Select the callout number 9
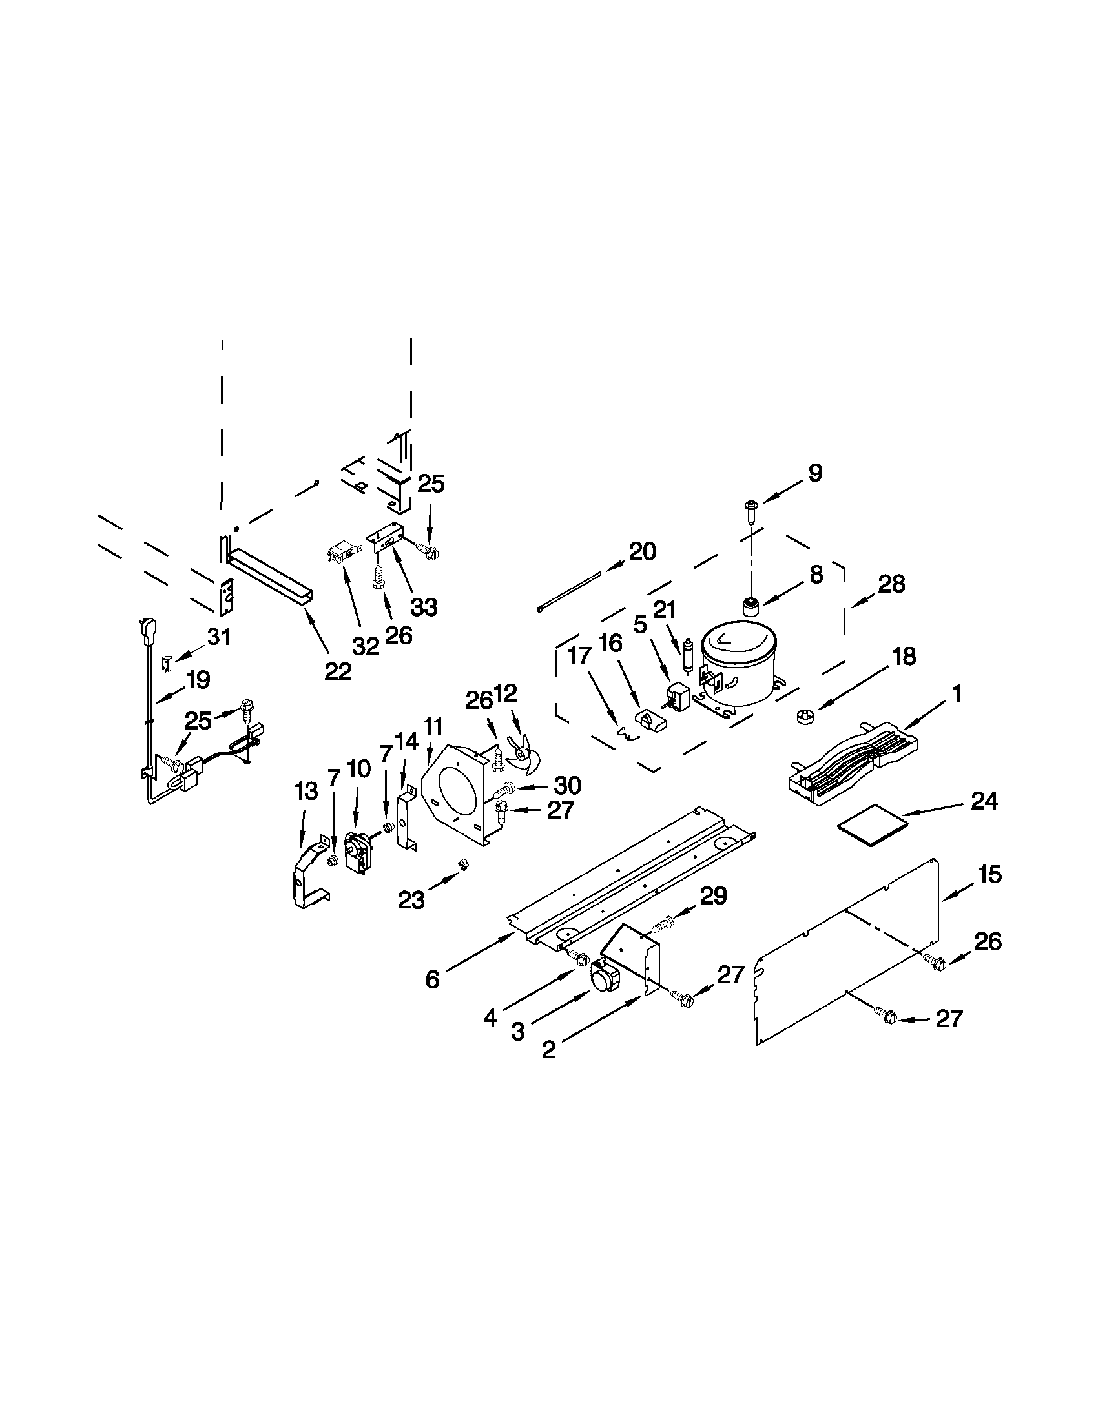[x=815, y=473]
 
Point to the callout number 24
[x=984, y=801]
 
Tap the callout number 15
[x=989, y=875]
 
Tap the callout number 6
[x=432, y=979]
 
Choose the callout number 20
[x=642, y=552]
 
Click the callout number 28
[x=891, y=584]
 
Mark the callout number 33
[x=423, y=607]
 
